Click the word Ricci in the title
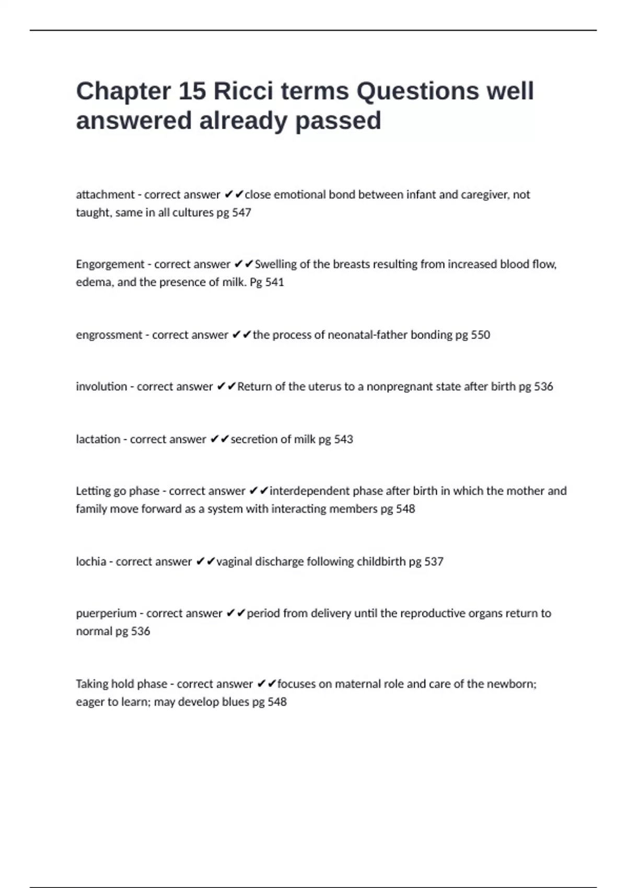tap(243, 91)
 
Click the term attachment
tap(105, 195)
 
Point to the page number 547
tap(241, 213)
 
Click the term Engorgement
tap(110, 264)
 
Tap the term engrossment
tap(109, 335)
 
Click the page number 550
tap(480, 335)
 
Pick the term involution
tap(101, 387)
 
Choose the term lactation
tap(98, 439)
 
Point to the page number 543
tap(343, 439)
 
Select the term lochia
tap(91, 562)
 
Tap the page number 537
tap(434, 562)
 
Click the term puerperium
tap(106, 613)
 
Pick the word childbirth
tap(381, 562)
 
